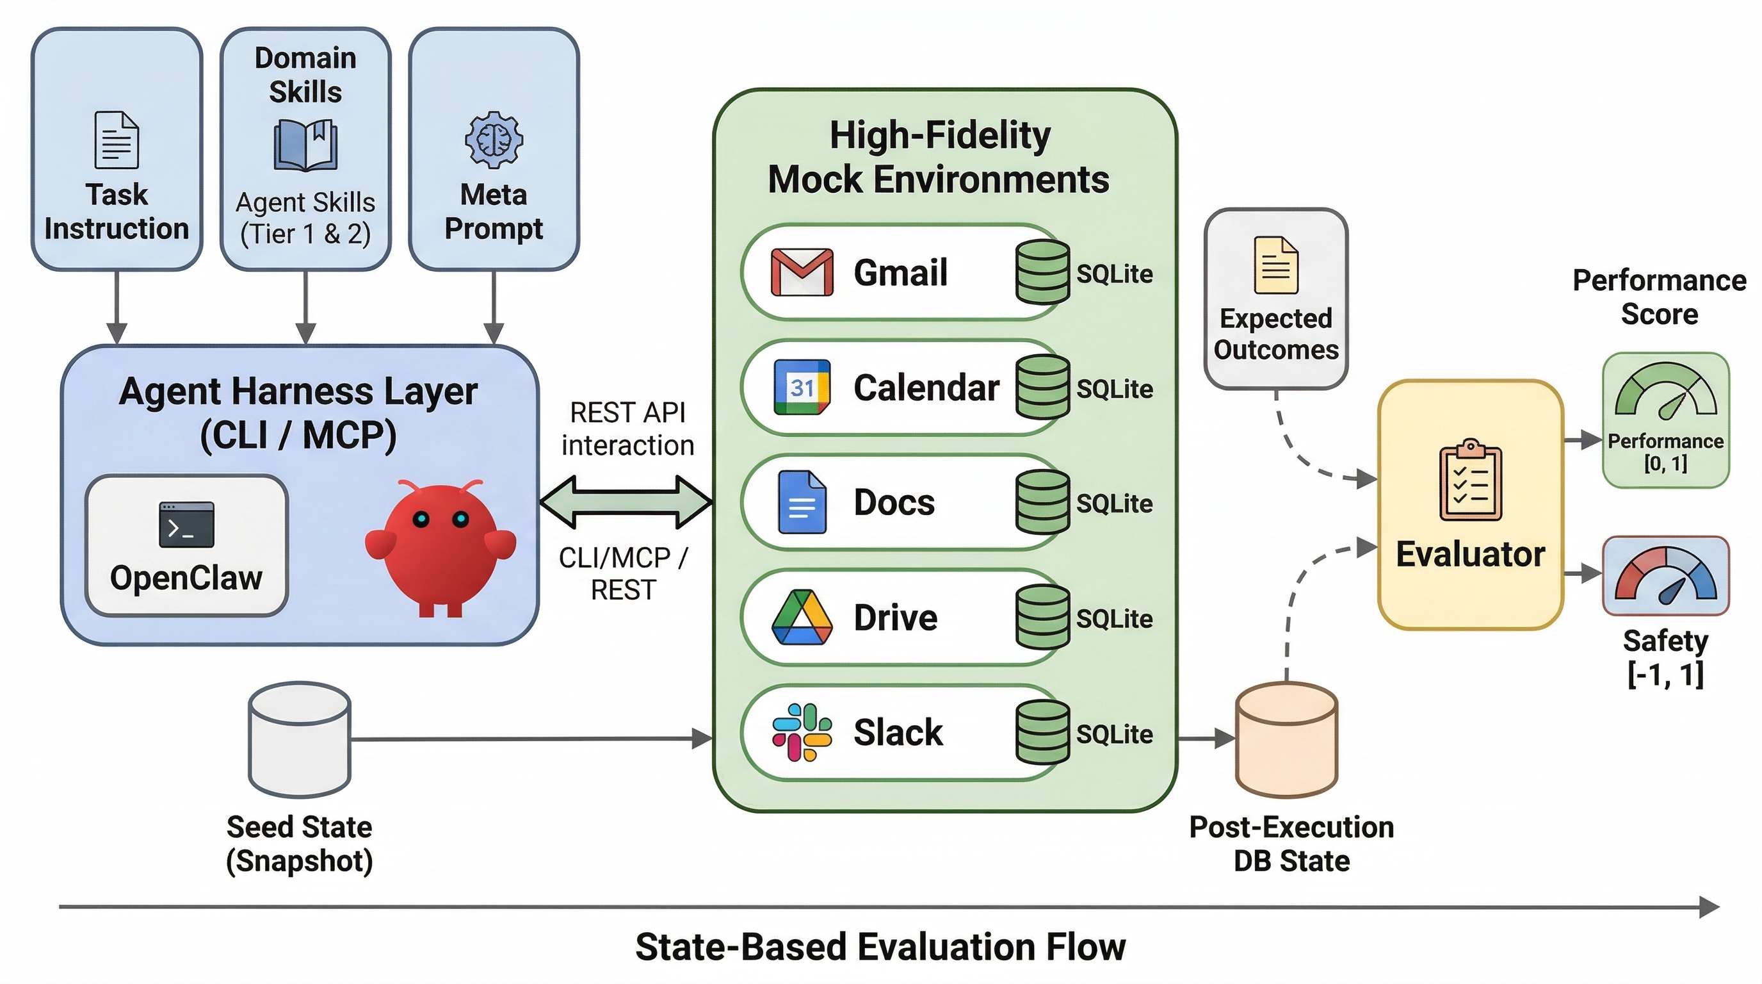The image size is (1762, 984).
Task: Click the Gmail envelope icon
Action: tap(802, 272)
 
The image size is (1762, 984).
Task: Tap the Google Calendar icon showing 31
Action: tap(802, 388)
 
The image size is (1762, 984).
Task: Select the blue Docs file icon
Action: tap(802, 502)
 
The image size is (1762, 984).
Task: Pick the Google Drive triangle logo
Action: tap(802, 617)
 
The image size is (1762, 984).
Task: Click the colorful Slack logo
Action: tap(802, 732)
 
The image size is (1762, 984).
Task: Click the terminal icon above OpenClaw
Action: tap(186, 525)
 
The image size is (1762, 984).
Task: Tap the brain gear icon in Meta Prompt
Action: tap(494, 140)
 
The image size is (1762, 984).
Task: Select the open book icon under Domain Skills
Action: tap(306, 145)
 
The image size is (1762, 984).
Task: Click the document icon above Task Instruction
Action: tap(117, 140)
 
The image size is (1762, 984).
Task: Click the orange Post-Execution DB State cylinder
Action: tap(1286, 741)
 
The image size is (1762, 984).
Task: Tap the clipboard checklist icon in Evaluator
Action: tap(1471, 480)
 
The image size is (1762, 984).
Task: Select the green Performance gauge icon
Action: tap(1665, 395)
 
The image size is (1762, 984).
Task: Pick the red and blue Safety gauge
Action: tap(1665, 576)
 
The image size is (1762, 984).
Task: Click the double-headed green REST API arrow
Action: tap(626, 502)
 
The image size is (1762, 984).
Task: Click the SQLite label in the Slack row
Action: tap(1114, 734)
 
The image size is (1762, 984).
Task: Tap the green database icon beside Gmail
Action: tap(1042, 272)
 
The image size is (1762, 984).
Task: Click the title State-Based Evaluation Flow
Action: tap(880, 947)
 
